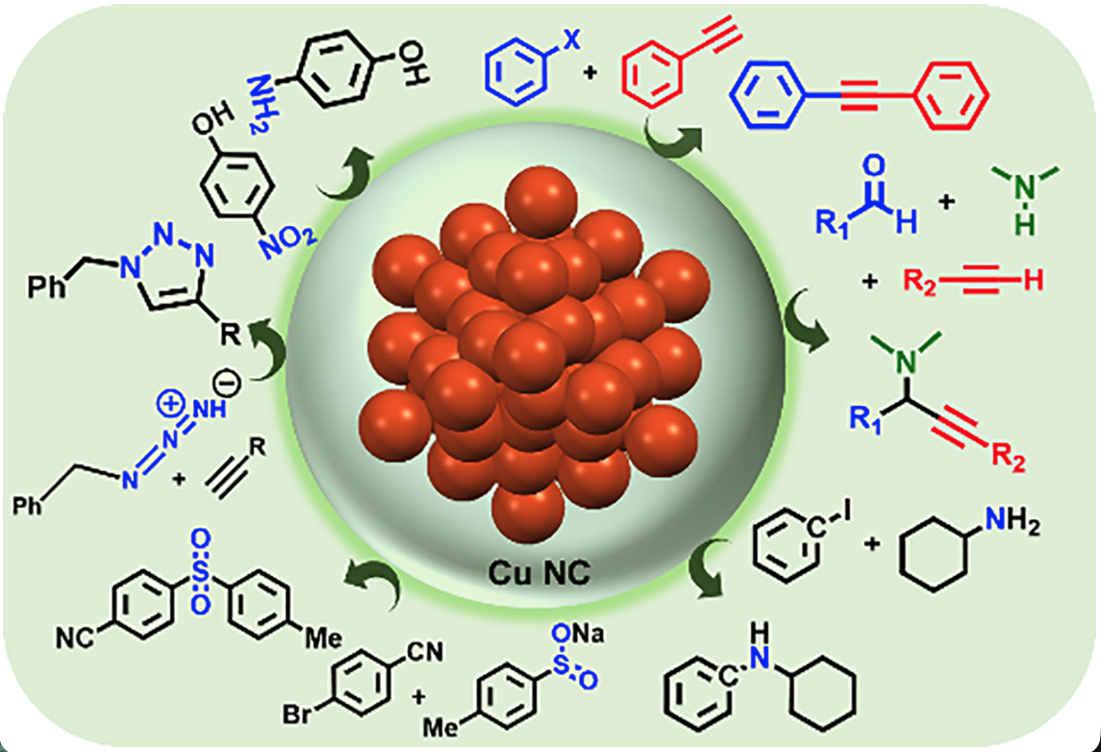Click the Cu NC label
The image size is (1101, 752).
tap(538, 572)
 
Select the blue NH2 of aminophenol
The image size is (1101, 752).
tap(260, 104)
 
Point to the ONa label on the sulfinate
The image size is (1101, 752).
tap(578, 634)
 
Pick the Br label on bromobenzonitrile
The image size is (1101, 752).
tap(298, 714)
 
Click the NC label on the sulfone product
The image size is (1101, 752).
tap(75, 638)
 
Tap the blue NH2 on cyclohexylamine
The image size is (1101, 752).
tap(1012, 521)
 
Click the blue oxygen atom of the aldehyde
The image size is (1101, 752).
tap(874, 165)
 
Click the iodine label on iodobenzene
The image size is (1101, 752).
tap(847, 513)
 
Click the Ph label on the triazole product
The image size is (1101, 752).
tap(46, 287)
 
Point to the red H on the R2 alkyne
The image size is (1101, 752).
tap(1033, 281)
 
